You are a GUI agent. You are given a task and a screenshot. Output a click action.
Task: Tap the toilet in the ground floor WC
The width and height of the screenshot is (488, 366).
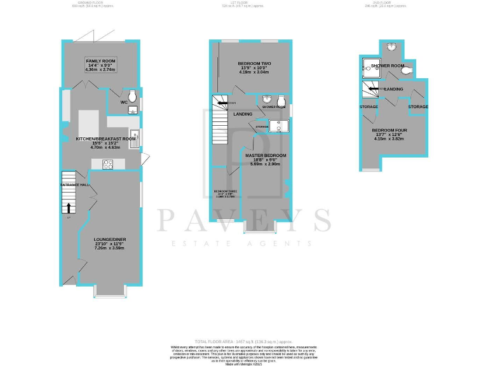pyautogui.click(x=132, y=95)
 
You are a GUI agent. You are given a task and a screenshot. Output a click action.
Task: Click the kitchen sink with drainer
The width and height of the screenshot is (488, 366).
pyautogui.click(x=135, y=139)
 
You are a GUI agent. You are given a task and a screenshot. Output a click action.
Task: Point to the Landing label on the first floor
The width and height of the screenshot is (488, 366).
pyautogui.click(x=243, y=114)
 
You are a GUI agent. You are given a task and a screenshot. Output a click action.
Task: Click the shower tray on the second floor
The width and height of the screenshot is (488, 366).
pyautogui.click(x=370, y=64)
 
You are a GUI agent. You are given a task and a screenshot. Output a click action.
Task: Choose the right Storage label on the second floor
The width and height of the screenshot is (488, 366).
pyautogui.click(x=418, y=107)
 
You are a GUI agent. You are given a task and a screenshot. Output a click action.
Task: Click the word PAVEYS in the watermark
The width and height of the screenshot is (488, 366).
pyautogui.click(x=244, y=220)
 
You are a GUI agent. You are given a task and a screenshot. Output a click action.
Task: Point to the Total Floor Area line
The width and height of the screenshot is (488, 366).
pyautogui.click(x=244, y=342)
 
